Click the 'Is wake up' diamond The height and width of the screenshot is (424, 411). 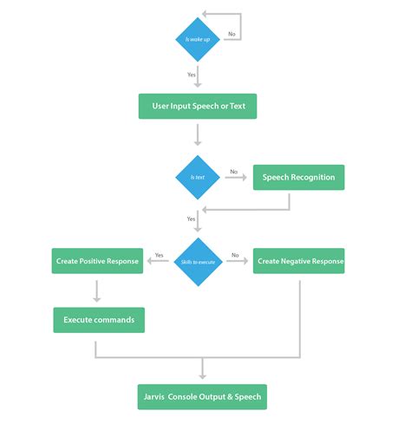(199, 40)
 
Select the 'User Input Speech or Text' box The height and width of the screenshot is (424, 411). (199, 107)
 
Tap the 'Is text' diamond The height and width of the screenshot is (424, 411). (199, 177)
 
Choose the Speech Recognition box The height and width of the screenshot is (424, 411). (298, 177)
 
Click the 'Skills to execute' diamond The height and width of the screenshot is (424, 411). (199, 260)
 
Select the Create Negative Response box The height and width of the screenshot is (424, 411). (298, 261)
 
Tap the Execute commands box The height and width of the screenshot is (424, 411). (99, 320)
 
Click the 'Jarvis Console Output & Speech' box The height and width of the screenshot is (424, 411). (202, 397)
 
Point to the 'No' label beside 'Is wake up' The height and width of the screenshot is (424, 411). (232, 34)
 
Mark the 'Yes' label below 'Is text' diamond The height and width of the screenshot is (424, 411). (191, 219)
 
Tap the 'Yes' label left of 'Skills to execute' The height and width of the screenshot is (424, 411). (160, 255)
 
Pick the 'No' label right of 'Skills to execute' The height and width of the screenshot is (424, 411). (235, 255)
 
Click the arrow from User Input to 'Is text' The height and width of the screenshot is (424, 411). (199, 134)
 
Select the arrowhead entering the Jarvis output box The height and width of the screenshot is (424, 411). (202, 375)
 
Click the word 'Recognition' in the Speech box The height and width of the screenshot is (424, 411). (314, 177)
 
